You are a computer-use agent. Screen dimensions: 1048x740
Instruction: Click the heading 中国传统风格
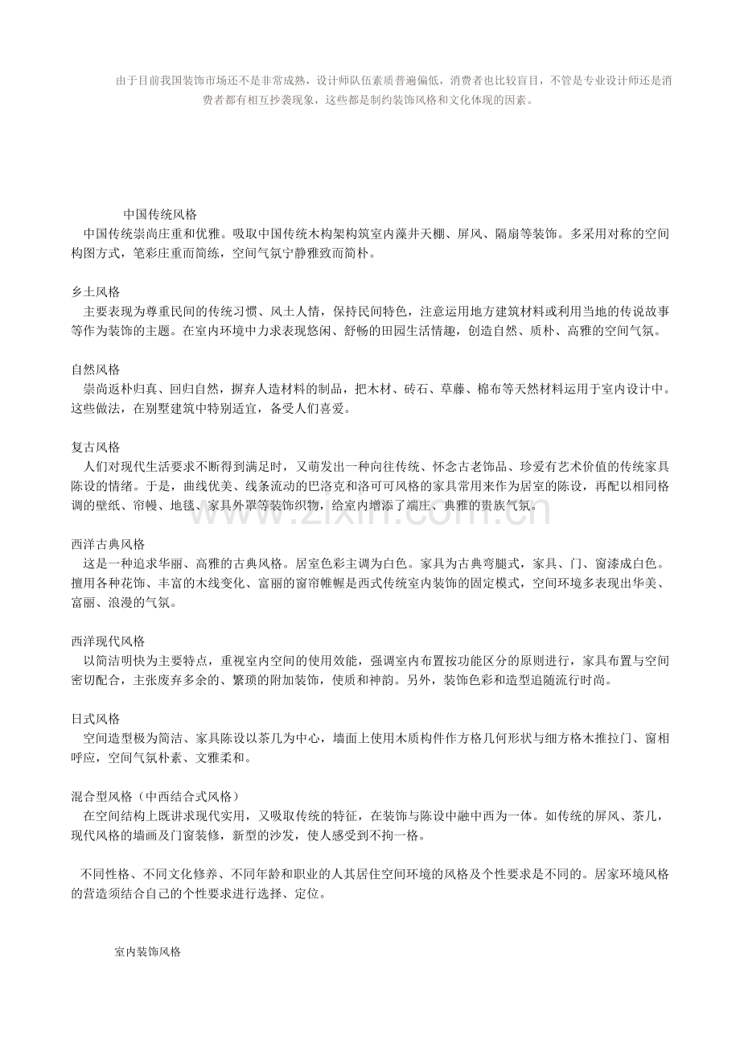click(x=160, y=215)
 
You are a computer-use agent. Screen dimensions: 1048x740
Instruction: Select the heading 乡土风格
click(x=96, y=291)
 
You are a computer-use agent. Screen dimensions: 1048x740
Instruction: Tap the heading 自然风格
click(x=96, y=369)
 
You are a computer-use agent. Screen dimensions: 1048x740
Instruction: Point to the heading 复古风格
click(x=96, y=447)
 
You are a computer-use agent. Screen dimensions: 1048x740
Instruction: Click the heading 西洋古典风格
click(x=108, y=544)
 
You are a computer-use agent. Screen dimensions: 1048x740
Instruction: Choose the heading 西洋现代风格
click(x=108, y=642)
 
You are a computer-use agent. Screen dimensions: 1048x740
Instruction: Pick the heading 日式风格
click(x=96, y=719)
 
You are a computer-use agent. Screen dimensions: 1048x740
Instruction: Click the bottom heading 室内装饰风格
click(x=147, y=951)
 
